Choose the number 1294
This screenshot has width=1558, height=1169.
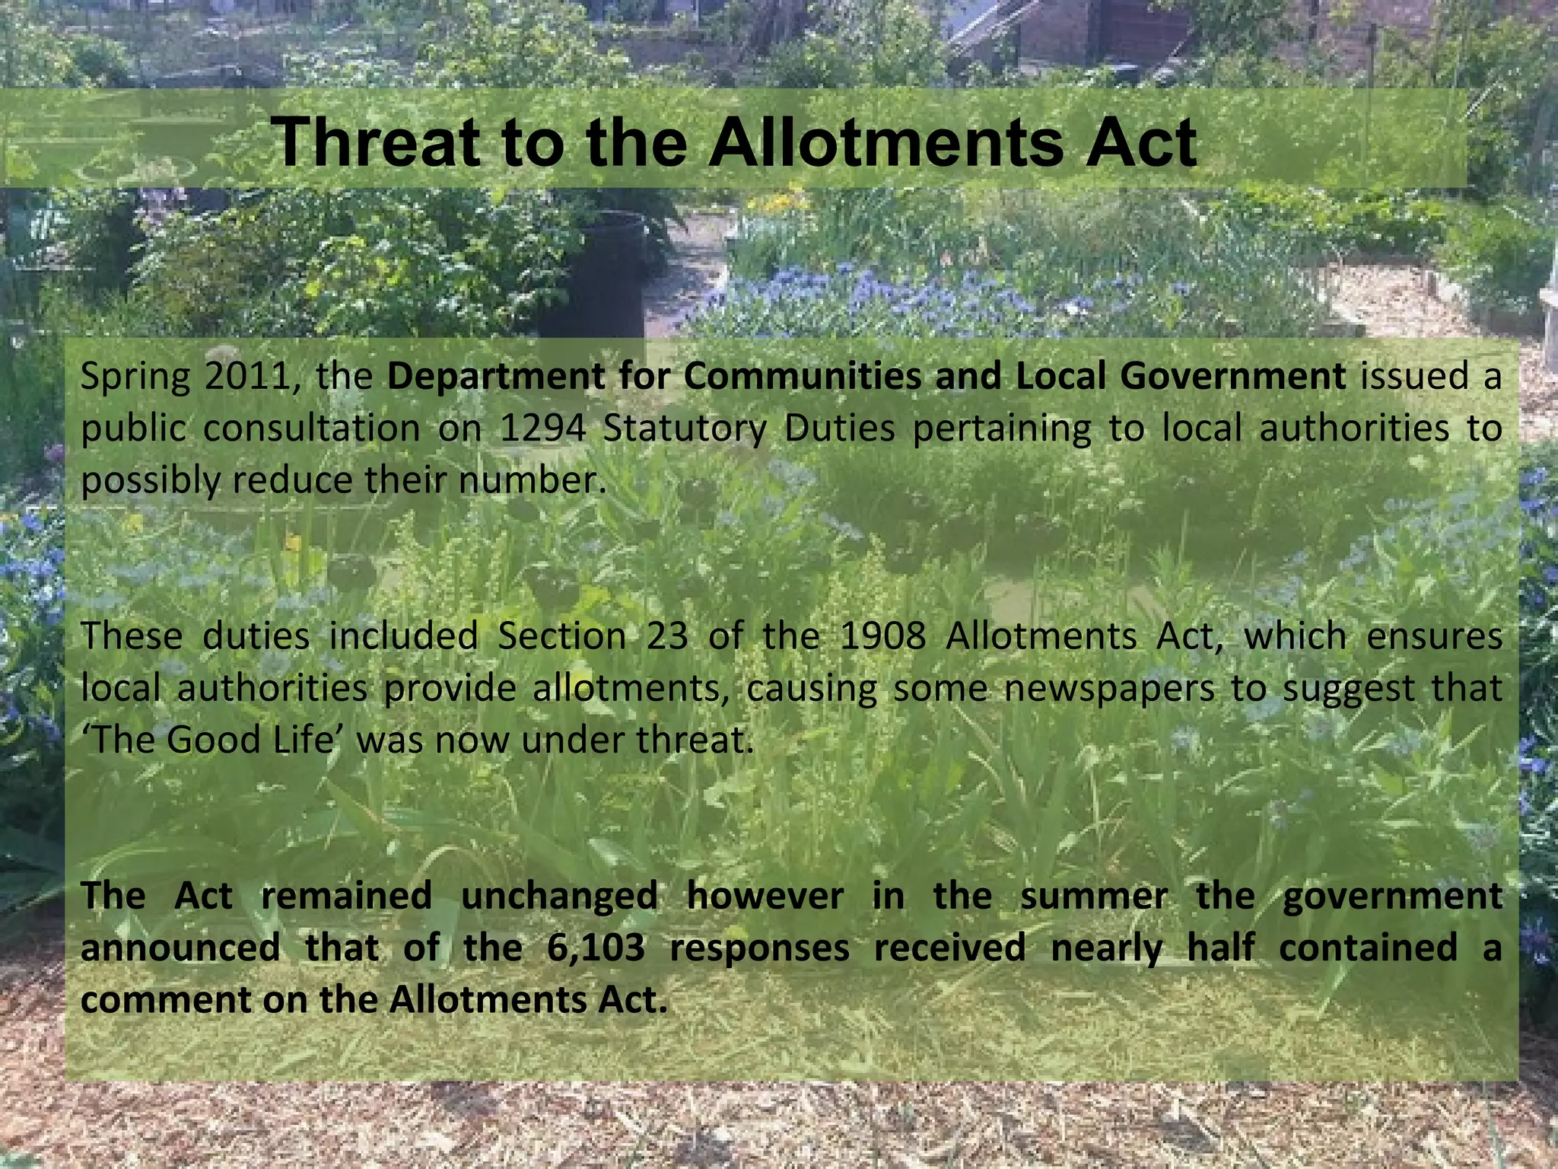tap(542, 428)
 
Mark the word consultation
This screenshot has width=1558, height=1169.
tap(312, 428)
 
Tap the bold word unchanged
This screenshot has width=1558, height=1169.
tap(559, 896)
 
